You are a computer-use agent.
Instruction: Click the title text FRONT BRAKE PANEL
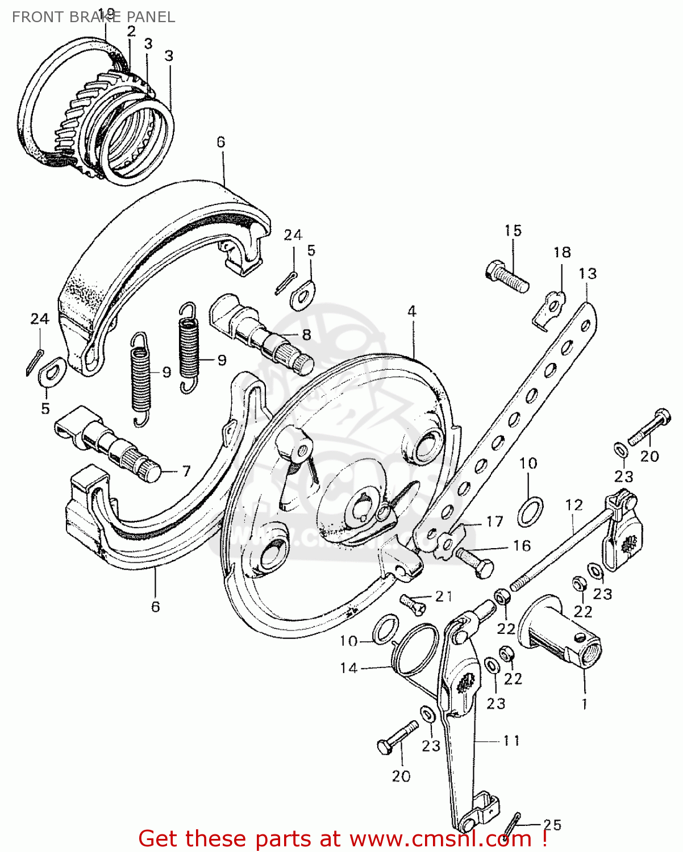[93, 17]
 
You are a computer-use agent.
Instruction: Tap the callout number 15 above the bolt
[513, 231]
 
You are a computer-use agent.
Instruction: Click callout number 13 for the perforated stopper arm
[588, 273]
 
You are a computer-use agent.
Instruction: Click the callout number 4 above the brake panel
[411, 311]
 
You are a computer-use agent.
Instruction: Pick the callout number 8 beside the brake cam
[306, 335]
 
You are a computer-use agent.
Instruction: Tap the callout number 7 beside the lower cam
[186, 471]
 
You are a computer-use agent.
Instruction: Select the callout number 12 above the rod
[574, 504]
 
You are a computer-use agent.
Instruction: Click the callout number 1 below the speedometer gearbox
[585, 704]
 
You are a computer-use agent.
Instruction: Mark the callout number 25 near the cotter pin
[552, 825]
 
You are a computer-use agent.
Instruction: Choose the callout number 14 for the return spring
[348, 668]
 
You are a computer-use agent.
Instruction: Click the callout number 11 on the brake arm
[511, 741]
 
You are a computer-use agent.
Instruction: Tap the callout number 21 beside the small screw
[444, 596]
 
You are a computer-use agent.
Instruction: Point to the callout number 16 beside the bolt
[522, 546]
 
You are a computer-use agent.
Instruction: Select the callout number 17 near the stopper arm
[494, 521]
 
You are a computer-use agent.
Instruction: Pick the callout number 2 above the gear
[131, 31]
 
